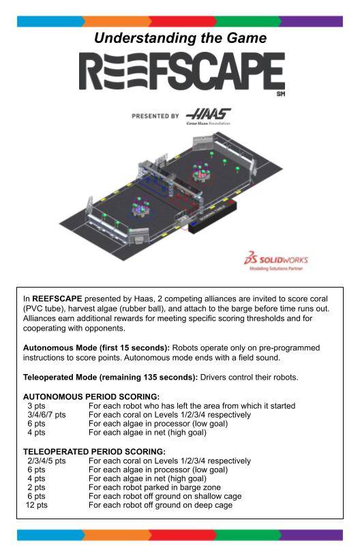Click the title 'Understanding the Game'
pyautogui.click(x=180, y=37)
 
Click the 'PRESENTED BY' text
pyautogui.click(x=155, y=116)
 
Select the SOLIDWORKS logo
pyautogui.click(x=275, y=261)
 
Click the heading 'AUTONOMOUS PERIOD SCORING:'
pyautogui.click(x=91, y=397)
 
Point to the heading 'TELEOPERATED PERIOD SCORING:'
pyautogui.click(x=94, y=452)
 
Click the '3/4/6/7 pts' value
pyautogui.click(x=47, y=414)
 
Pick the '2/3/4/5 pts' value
pyautogui.click(x=47, y=461)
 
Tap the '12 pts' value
pyautogui.click(x=37, y=505)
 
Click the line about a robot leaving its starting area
pyautogui.click(x=192, y=405)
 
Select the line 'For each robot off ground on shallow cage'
pyautogui.click(x=165, y=496)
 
